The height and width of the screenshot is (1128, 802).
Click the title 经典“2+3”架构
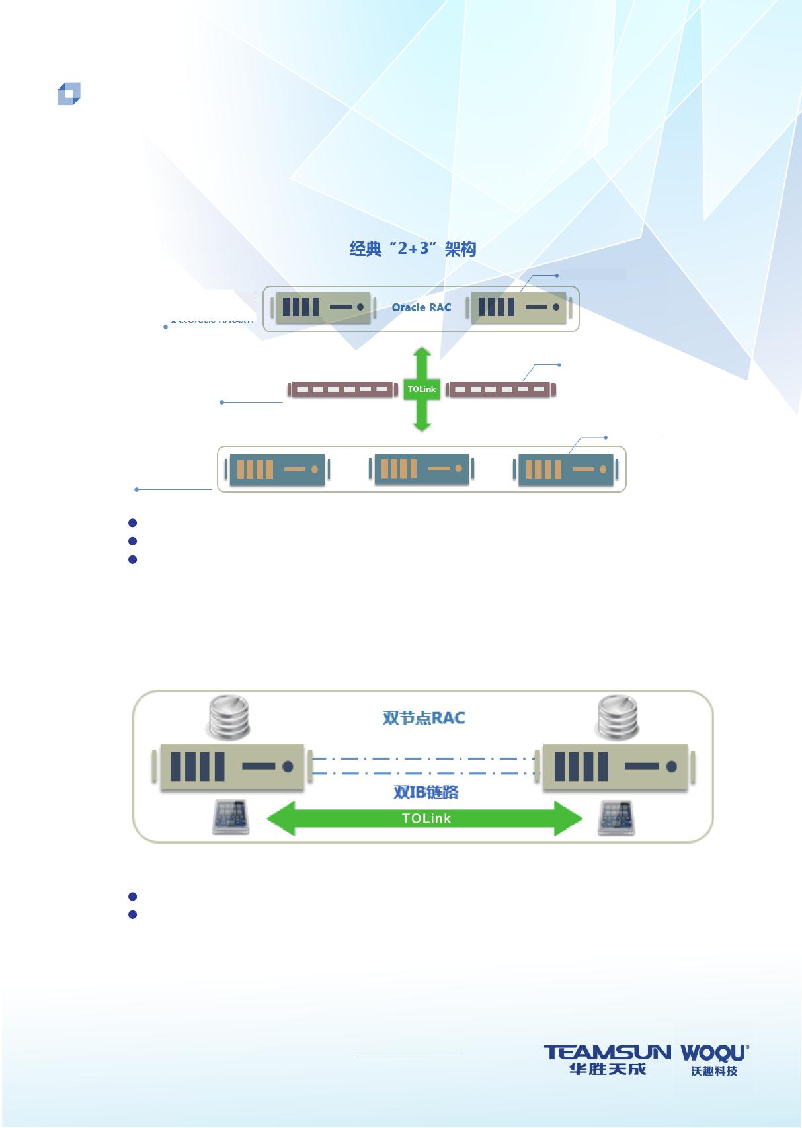pos(413,249)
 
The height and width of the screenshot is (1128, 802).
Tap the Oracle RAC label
pos(421,307)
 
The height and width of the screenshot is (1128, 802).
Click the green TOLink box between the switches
pos(421,389)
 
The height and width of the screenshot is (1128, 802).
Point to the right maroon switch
pos(501,389)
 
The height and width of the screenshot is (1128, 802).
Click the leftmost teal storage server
pos(277,469)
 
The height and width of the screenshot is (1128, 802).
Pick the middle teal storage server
pos(421,469)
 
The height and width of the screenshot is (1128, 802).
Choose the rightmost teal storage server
pos(565,469)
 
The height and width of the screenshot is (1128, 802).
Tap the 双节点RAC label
pos(424,717)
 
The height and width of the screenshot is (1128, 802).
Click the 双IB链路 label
pos(426,792)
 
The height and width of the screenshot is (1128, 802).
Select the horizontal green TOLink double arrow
pos(424,819)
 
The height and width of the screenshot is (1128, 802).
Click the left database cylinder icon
pos(228,718)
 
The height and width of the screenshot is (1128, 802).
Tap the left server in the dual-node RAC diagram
pos(232,767)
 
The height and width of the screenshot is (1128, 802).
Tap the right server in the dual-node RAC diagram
pos(615,767)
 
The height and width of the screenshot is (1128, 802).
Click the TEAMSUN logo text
pos(607,1052)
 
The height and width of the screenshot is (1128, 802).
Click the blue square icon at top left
pos(69,94)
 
